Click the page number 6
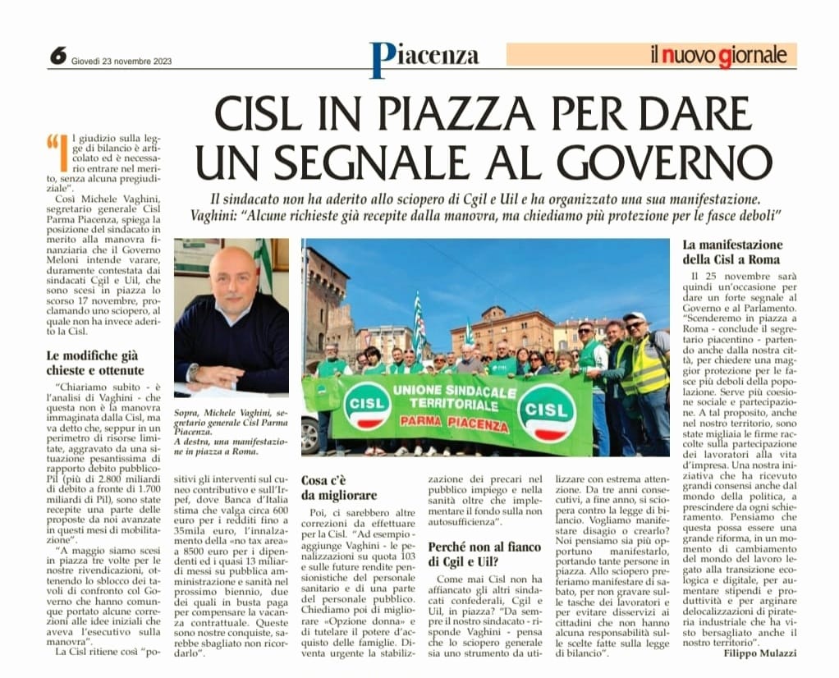point(57,55)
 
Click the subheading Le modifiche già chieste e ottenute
point(95,363)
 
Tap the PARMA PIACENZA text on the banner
point(456,419)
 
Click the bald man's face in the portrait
point(232,277)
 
